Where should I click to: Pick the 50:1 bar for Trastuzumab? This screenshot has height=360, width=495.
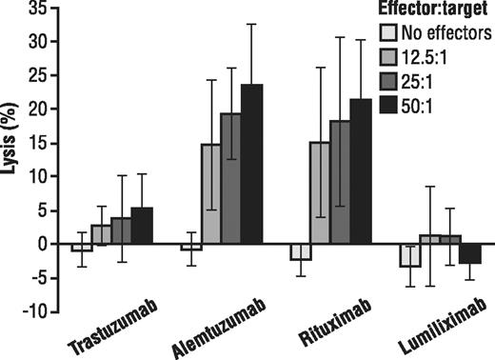(x=142, y=226)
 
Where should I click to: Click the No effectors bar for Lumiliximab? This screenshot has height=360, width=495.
(x=409, y=254)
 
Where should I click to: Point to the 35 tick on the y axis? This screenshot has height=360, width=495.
(x=50, y=9)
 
